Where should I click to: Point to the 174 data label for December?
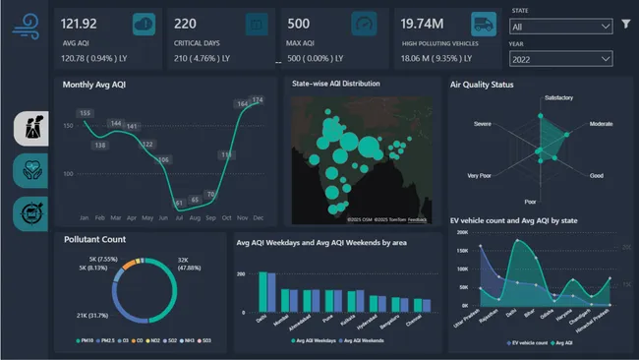258,100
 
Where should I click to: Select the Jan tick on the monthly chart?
86,216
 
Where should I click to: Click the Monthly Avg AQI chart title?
94,85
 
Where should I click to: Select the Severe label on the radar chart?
482,125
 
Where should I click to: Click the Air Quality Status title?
482,86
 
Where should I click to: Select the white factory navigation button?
31,127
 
